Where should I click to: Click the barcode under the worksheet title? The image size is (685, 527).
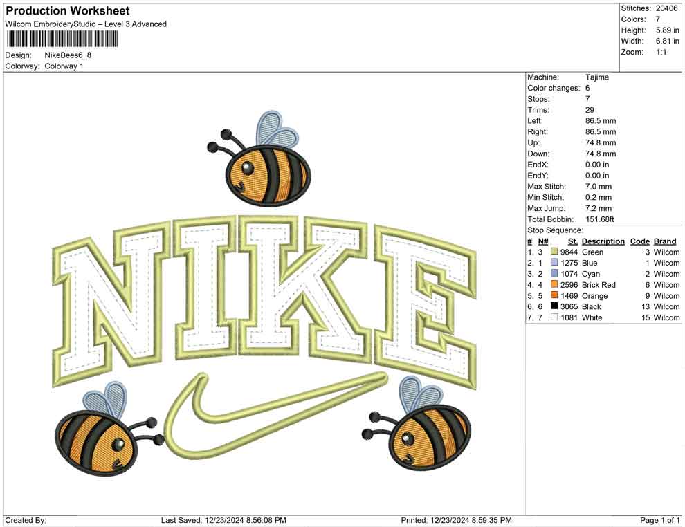coord(62,39)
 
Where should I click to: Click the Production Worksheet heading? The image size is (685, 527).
coord(68,10)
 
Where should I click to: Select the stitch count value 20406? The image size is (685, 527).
coord(666,8)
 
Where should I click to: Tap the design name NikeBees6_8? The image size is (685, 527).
coord(68,55)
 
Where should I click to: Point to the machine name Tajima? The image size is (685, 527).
coord(596,77)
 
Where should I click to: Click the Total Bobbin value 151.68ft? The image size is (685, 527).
coord(600,219)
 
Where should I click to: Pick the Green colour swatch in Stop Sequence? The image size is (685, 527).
coord(554,252)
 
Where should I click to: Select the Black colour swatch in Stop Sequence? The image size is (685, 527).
coord(554,306)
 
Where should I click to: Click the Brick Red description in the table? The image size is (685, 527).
coord(599,285)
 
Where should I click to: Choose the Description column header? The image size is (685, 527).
coord(603,241)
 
